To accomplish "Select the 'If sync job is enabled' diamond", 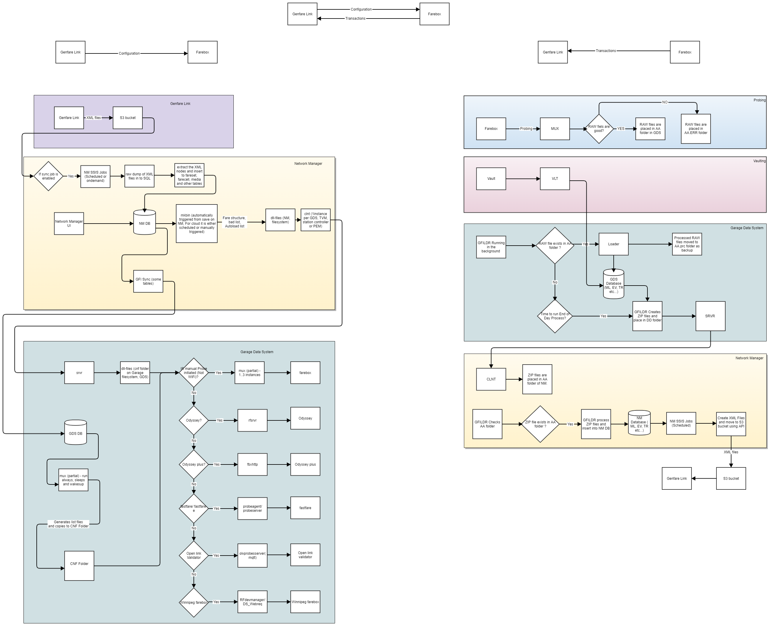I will (48, 176).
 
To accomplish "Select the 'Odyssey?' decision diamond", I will (194, 420).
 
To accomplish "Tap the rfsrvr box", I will (253, 420).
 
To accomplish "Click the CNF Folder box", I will (79, 564).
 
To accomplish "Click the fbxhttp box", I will (253, 464).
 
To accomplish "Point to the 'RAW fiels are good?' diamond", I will (599, 129).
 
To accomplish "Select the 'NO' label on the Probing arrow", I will (664, 102).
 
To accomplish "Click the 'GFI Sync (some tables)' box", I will (148, 281).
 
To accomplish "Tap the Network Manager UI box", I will (69, 224).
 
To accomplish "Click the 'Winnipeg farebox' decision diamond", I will (194, 602).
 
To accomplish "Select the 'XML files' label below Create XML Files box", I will (731, 452).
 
